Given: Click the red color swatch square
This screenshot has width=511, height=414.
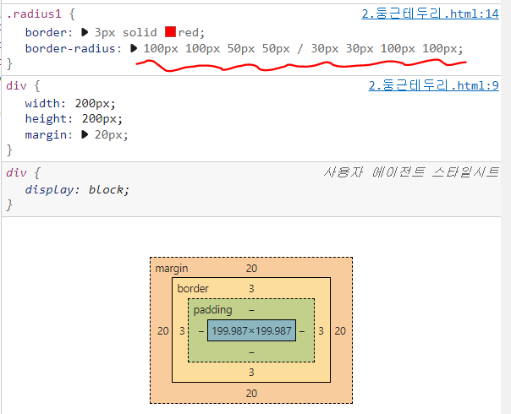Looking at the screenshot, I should (170, 32).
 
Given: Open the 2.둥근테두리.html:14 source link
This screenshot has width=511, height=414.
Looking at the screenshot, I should (428, 14).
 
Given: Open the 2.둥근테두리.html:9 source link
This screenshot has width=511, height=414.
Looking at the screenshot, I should (434, 85).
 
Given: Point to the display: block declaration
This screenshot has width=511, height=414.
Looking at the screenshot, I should (77, 189).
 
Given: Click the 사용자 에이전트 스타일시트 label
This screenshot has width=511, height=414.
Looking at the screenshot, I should (411, 172).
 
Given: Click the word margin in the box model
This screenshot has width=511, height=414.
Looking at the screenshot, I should (172, 269).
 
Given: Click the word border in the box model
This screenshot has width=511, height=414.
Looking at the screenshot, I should (193, 289).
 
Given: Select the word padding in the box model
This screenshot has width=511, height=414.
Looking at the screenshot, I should (212, 310).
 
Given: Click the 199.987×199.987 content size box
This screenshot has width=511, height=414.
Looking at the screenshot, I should (251, 331).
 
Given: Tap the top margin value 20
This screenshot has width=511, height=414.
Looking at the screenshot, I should (251, 269).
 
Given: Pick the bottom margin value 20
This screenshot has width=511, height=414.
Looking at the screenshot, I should (251, 393).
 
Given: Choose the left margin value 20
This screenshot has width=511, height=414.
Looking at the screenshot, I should (163, 331).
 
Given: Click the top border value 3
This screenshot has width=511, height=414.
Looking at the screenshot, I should (251, 289).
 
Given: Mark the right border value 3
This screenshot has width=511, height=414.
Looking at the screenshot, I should (321, 331).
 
